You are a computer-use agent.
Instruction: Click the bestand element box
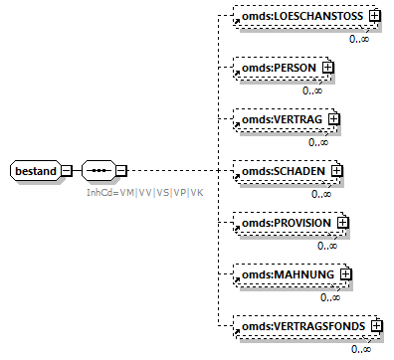click(x=35, y=170)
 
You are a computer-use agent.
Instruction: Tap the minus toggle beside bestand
click(x=67, y=170)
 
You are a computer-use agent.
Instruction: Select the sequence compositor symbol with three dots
click(x=98, y=170)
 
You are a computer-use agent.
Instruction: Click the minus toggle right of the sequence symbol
click(x=120, y=170)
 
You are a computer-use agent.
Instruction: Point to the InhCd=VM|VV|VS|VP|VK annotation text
click(x=145, y=191)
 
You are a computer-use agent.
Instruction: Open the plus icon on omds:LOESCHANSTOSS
click(x=375, y=17)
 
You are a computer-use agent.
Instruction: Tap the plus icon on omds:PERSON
click(x=325, y=68)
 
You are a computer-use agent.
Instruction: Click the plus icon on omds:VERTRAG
click(x=333, y=119)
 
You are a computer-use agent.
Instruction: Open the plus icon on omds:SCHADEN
click(x=336, y=171)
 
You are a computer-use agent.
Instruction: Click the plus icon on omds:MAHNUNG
click(x=345, y=273)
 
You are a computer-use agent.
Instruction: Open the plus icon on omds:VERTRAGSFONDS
click(x=376, y=325)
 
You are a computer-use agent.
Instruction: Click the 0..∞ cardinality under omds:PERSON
click(x=313, y=90)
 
